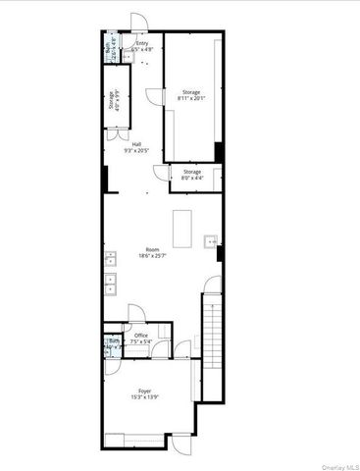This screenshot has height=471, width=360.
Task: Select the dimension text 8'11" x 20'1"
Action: click(x=190, y=98)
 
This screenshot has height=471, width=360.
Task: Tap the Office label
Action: click(x=141, y=335)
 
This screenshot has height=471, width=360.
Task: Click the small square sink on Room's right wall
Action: click(x=210, y=241)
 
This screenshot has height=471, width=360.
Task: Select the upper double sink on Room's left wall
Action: click(x=110, y=260)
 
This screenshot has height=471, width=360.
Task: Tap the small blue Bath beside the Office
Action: click(x=111, y=344)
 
